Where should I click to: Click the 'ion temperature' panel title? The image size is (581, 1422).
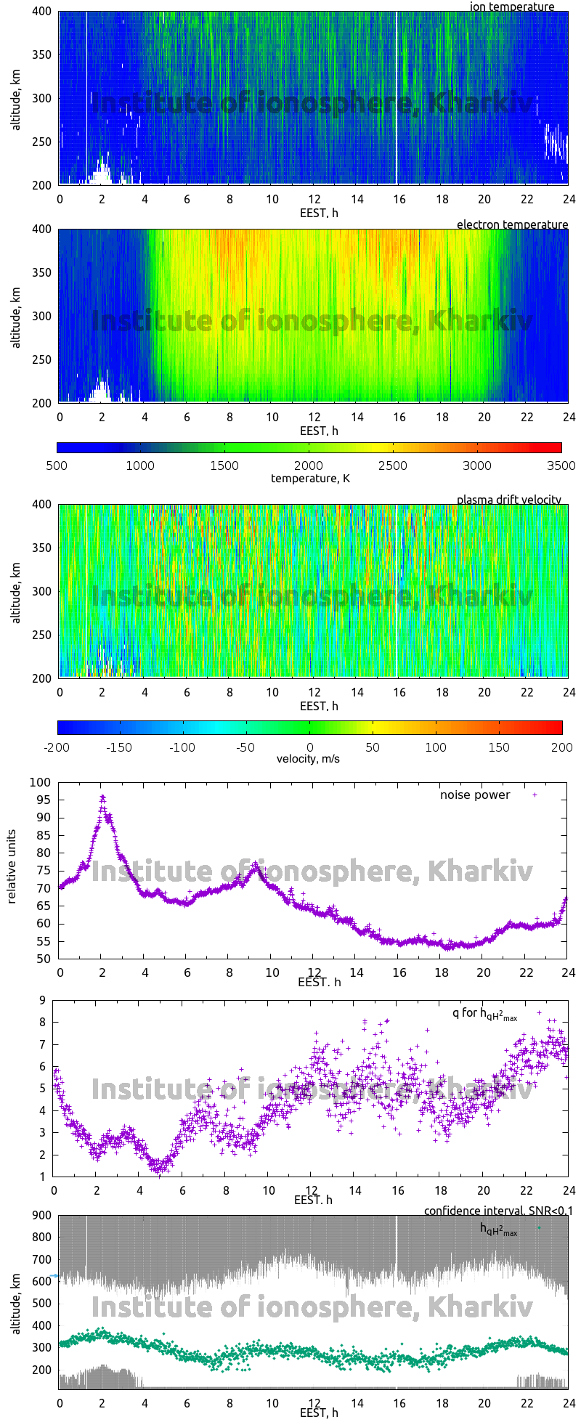point(511,7)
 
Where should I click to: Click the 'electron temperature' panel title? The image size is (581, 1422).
point(512,224)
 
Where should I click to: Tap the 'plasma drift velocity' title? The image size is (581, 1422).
point(508,500)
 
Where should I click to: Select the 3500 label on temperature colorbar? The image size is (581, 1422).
point(560,466)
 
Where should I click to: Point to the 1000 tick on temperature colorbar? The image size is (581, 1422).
point(140,466)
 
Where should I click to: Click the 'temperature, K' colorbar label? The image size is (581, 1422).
point(310,478)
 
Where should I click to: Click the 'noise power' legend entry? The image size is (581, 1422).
point(475,795)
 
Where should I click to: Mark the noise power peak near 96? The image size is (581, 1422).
point(102,797)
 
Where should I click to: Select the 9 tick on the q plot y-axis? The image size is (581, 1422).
point(43,1000)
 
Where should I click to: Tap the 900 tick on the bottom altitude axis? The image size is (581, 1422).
point(41,1215)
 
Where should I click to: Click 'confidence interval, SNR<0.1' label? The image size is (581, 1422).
point(497,1211)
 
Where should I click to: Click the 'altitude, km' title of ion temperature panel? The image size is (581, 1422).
point(16,98)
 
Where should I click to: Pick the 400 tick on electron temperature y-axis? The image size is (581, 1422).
point(41,229)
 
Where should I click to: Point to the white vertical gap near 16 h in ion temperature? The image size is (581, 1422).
point(396,98)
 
